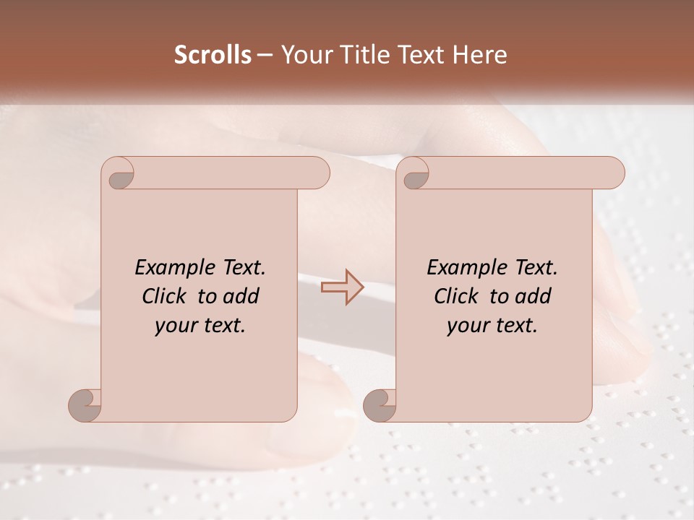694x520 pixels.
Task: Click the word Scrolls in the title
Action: click(x=213, y=55)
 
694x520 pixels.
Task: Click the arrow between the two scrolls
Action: click(x=342, y=287)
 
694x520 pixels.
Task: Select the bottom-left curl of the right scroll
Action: click(x=381, y=404)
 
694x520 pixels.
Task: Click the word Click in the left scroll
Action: click(x=165, y=296)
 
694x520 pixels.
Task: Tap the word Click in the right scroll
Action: click(x=457, y=296)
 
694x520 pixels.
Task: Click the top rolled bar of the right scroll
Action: click(x=520, y=173)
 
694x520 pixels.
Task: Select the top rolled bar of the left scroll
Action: click(x=228, y=173)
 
